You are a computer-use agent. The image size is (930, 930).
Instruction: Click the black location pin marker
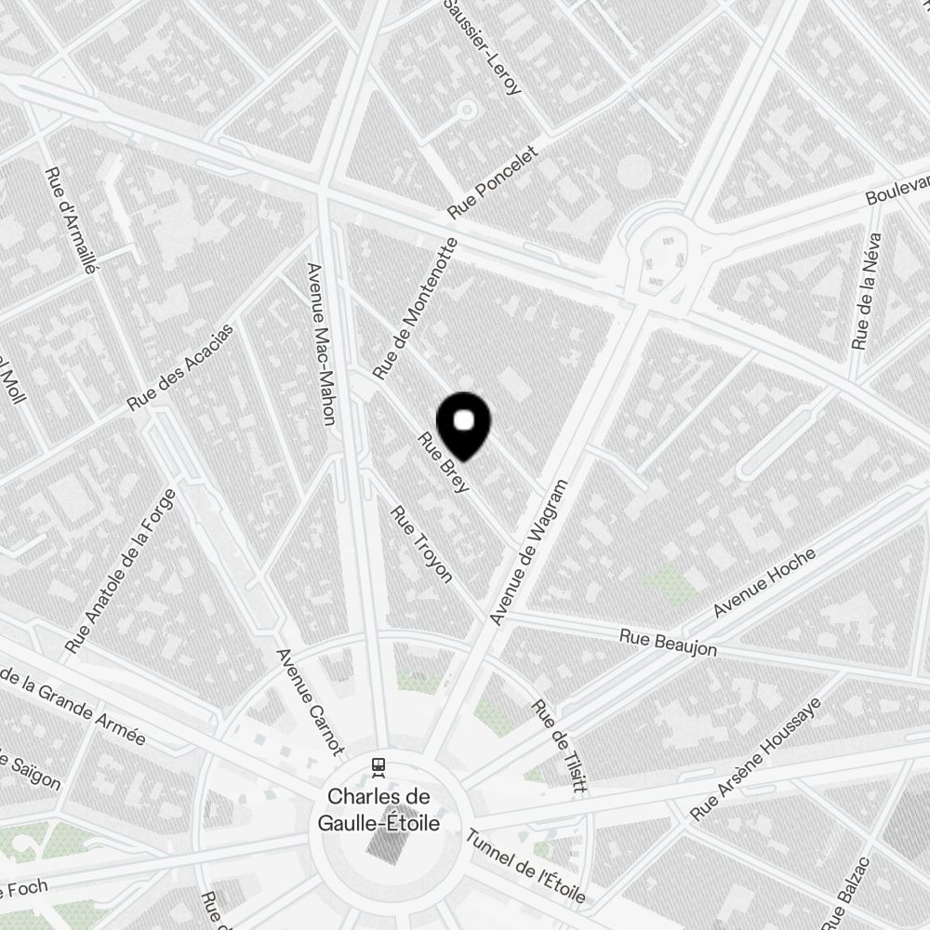pos(463,426)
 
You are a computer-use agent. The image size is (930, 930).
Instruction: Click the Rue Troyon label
pos(421,545)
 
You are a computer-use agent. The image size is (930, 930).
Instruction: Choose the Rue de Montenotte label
pos(415,309)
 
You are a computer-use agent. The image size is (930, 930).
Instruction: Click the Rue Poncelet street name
pos(493,181)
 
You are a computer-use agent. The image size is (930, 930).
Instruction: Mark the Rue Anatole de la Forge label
pos(122,569)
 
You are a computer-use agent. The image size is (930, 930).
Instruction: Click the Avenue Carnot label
pos(311,700)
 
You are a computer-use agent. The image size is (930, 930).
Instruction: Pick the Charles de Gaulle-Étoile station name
pos(379,810)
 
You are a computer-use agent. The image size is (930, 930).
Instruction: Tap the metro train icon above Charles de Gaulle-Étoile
pos(379,766)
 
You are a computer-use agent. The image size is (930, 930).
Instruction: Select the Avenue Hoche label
pos(764,584)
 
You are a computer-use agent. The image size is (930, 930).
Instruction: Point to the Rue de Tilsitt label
pos(560,747)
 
